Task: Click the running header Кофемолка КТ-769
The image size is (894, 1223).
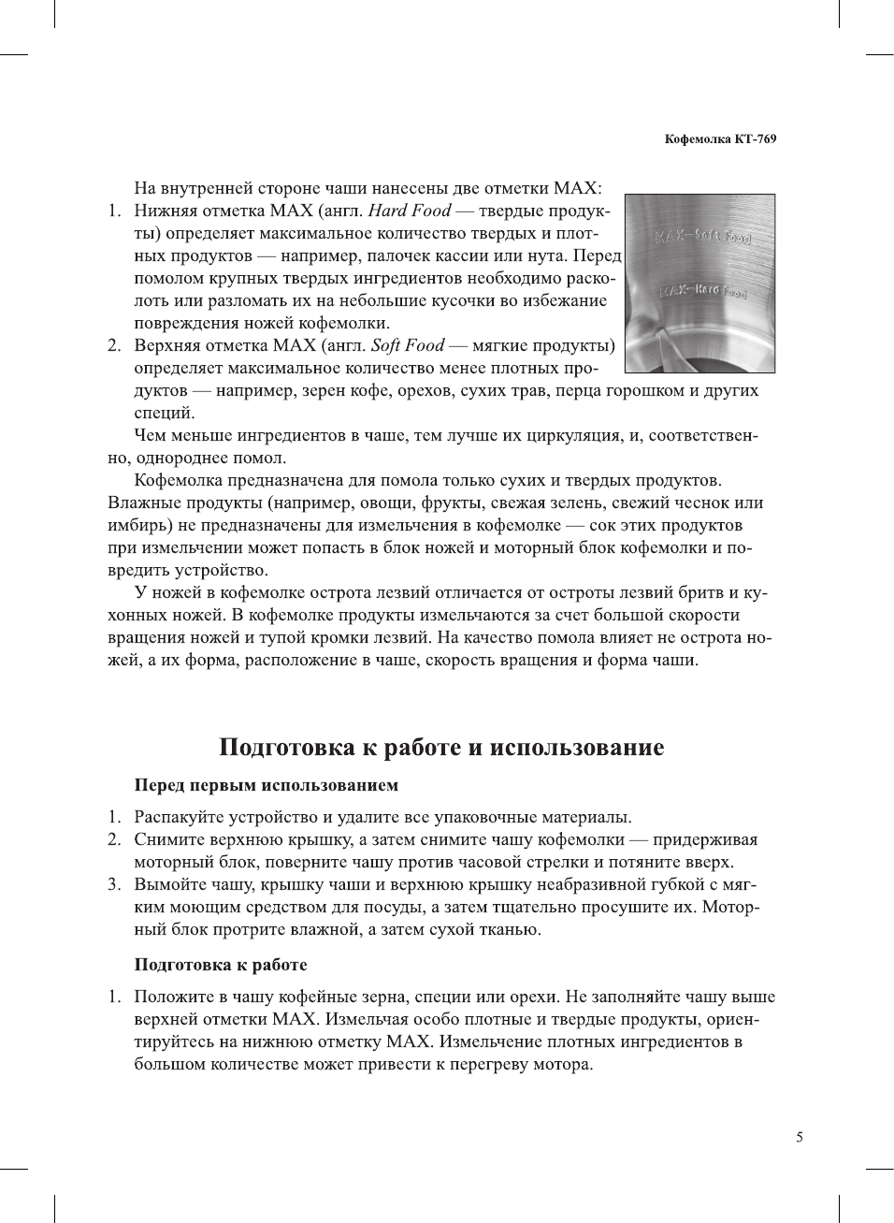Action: pyautogui.click(x=720, y=139)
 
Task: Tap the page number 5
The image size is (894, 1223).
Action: pyautogui.click(x=799, y=1137)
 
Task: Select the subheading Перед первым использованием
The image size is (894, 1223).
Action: pyautogui.click(x=266, y=785)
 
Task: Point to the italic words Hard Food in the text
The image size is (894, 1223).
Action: pyautogui.click(x=410, y=211)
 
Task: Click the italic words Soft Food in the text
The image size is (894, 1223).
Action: pyautogui.click(x=408, y=345)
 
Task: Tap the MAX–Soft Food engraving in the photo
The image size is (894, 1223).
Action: pyautogui.click(x=701, y=235)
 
